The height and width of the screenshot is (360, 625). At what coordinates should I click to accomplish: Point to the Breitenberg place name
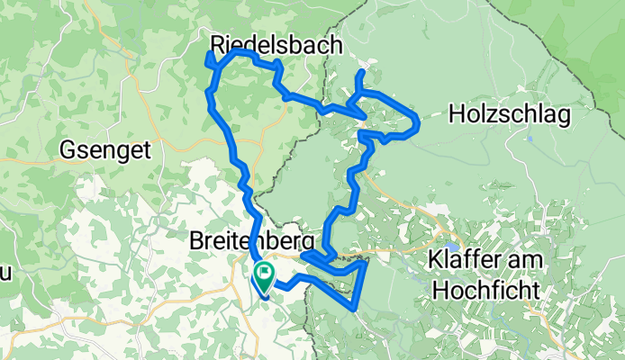[252, 241]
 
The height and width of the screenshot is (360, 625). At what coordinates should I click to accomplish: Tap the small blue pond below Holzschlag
[531, 139]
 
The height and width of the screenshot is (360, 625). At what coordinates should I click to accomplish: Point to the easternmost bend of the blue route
[420, 122]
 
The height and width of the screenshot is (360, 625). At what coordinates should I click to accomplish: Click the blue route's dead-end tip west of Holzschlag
[361, 72]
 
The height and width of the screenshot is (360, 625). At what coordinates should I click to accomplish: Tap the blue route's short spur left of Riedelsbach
[209, 57]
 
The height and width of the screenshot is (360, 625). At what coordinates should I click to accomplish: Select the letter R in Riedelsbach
[219, 43]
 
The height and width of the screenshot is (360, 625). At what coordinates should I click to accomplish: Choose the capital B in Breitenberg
[198, 241]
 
